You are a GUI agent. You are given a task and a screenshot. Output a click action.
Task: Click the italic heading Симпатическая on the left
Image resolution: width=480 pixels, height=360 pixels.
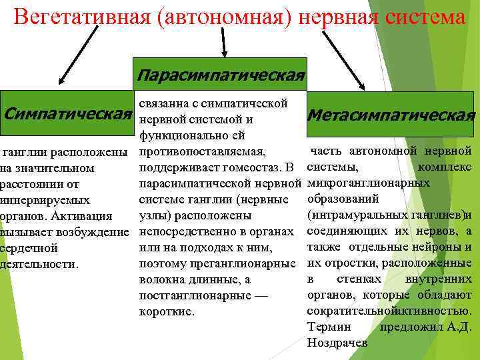point(67,111)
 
